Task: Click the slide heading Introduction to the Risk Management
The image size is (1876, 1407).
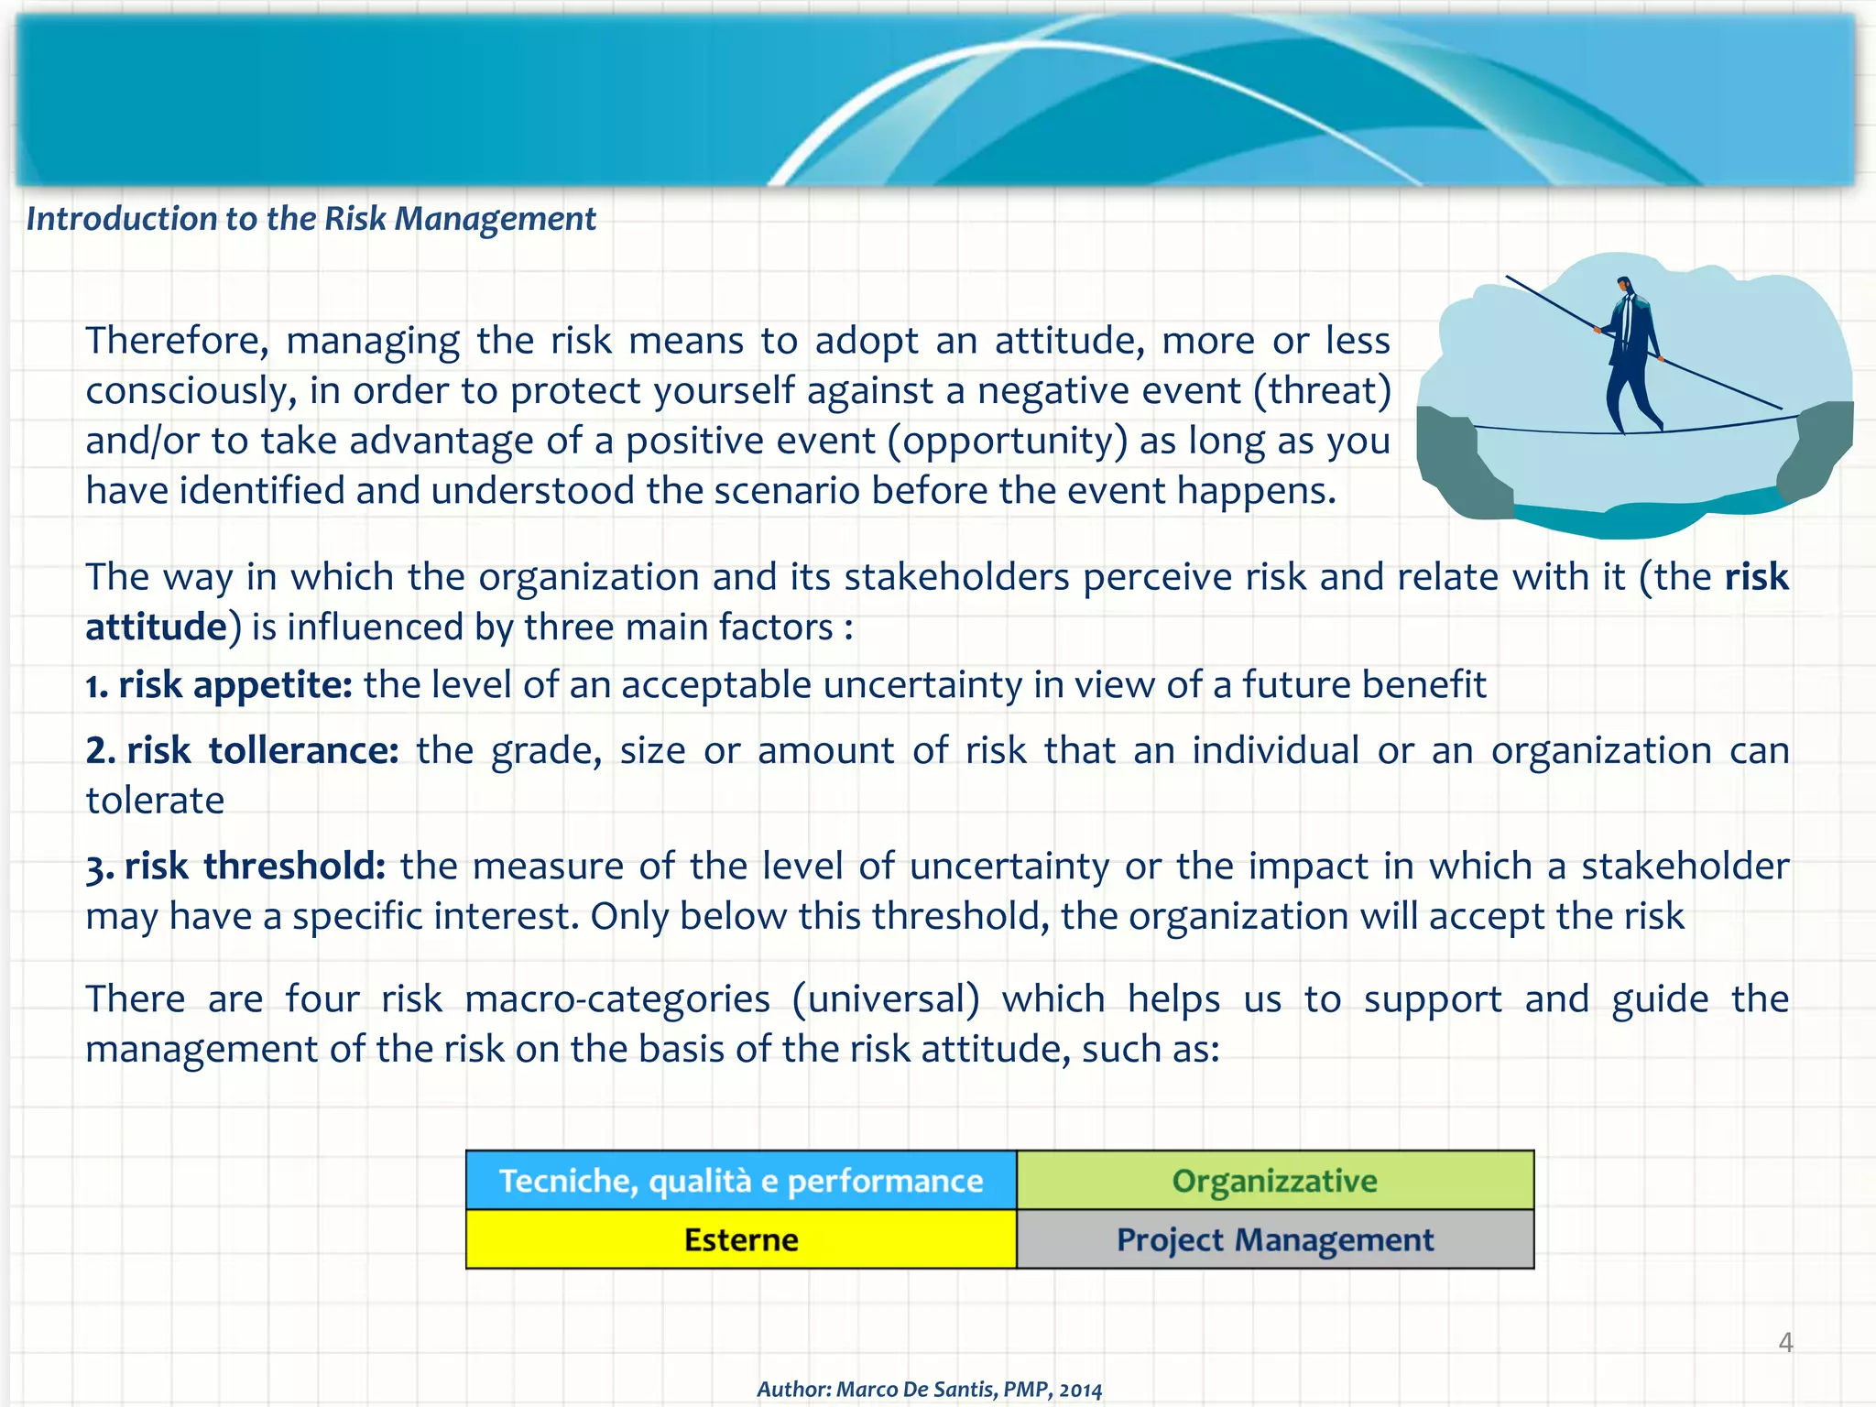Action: point(311,219)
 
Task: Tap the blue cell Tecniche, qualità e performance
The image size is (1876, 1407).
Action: point(740,1181)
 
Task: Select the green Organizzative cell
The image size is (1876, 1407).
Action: point(1274,1181)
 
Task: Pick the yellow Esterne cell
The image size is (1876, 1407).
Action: point(740,1239)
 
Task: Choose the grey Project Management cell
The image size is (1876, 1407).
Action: point(1274,1239)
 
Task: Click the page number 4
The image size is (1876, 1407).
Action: point(1785,1343)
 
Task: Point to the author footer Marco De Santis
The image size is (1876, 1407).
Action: point(929,1389)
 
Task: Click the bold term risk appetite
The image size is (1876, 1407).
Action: point(219,685)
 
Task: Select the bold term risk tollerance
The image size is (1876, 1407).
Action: point(243,751)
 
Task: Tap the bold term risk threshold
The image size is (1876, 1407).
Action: point(235,867)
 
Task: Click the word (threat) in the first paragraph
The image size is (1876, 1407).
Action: point(1322,391)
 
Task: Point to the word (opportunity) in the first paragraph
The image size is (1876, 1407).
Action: point(1007,442)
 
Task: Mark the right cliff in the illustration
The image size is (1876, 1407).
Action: point(1818,449)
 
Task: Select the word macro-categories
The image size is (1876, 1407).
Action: point(617,999)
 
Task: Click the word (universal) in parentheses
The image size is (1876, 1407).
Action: point(886,999)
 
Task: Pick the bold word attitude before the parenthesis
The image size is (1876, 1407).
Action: point(156,627)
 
